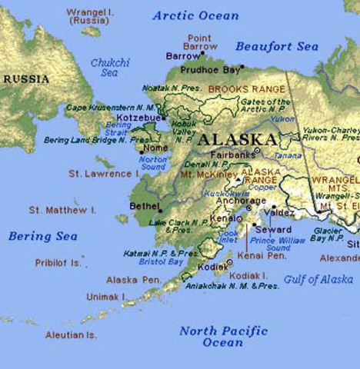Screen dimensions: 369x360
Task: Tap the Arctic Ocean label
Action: tap(195, 15)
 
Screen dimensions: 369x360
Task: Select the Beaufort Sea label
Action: tap(277, 47)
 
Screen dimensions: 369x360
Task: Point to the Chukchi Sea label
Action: tap(109, 68)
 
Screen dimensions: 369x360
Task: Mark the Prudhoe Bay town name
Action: tap(210, 69)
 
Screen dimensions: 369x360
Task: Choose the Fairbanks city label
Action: tap(233, 154)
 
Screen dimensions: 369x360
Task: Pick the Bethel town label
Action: tap(144, 206)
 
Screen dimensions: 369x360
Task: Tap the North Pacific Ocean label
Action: tap(223, 336)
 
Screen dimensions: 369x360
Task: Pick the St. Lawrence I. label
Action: tap(100, 174)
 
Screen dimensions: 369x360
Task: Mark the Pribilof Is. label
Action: tap(58, 262)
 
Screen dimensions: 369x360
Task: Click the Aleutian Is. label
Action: tap(70, 335)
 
